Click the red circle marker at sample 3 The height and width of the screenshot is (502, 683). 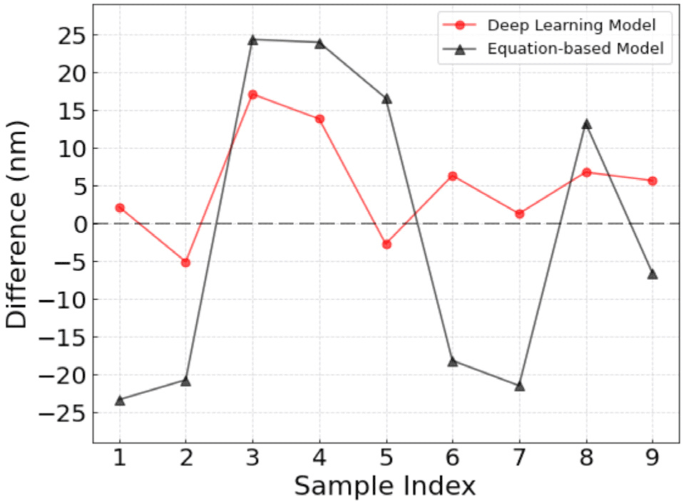(x=253, y=94)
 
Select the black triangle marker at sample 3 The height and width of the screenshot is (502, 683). (x=253, y=40)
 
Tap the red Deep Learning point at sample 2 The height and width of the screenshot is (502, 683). (x=186, y=263)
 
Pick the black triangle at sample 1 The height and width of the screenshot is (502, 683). (x=120, y=400)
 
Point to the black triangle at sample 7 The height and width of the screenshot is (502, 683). (x=519, y=387)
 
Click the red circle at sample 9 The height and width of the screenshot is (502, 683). (x=652, y=181)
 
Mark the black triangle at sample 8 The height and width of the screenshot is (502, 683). (x=586, y=124)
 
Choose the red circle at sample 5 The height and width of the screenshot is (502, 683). (x=386, y=244)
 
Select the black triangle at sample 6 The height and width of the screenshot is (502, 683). (x=453, y=362)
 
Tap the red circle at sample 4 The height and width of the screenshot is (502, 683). (x=319, y=119)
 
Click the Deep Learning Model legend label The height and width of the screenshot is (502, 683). (x=571, y=25)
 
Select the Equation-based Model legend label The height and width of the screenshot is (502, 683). (x=576, y=49)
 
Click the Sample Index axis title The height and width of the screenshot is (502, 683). (x=385, y=486)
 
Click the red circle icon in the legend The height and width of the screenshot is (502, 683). (x=460, y=25)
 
